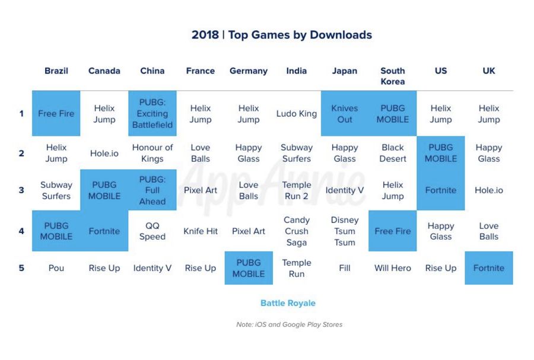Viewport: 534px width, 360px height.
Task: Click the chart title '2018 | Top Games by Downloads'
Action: [x=282, y=35]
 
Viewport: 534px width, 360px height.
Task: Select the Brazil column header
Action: [x=56, y=71]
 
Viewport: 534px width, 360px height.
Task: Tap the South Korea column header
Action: [x=393, y=75]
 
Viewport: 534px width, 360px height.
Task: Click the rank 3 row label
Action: [x=22, y=190]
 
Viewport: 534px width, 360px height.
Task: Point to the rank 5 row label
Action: [x=22, y=268]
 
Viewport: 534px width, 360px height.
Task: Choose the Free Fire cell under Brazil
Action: [x=56, y=113]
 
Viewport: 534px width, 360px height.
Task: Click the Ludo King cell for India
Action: [x=297, y=113]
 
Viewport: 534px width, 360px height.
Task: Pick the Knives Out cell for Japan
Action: [x=345, y=113]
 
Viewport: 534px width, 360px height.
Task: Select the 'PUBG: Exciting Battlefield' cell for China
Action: [x=152, y=113]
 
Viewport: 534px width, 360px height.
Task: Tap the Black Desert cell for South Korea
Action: [x=393, y=153]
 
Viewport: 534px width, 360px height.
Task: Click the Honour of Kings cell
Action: [x=152, y=153]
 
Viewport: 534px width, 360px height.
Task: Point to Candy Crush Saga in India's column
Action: [x=297, y=231]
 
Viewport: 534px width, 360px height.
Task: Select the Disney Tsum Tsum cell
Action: [x=345, y=231]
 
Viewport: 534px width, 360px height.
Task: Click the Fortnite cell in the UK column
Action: [x=489, y=268]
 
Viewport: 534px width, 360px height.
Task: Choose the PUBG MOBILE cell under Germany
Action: [x=249, y=268]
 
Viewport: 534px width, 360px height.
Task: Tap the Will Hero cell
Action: [x=393, y=268]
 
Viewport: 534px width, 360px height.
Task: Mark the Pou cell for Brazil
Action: [x=56, y=268]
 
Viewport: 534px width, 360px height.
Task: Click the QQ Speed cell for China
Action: [x=152, y=231]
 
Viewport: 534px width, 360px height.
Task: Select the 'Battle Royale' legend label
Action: [x=288, y=303]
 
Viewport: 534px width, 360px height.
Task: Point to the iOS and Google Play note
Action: [x=289, y=324]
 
